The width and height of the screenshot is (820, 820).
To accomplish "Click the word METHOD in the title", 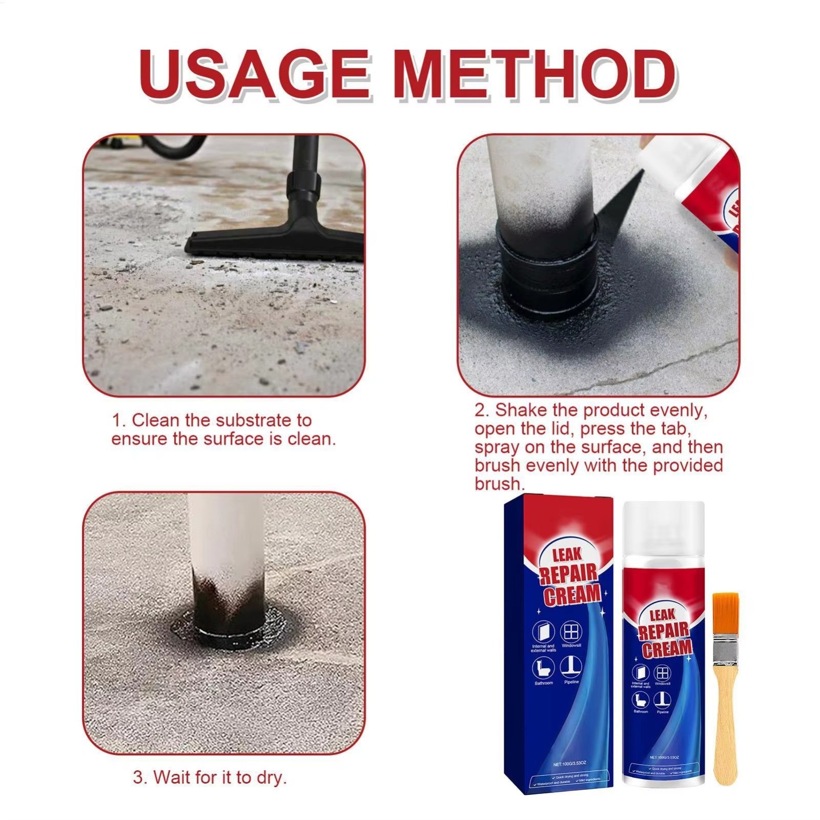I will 536,75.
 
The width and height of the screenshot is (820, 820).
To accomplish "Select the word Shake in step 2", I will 519,411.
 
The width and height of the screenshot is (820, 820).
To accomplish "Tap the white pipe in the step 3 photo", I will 225,538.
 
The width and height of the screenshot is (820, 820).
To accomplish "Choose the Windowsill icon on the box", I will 571,631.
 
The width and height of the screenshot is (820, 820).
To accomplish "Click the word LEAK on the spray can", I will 662,614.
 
